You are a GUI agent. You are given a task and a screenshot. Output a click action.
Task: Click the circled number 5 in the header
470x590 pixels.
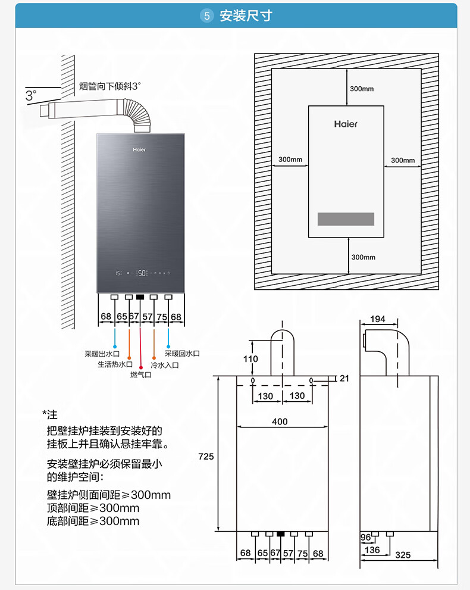tap(207, 16)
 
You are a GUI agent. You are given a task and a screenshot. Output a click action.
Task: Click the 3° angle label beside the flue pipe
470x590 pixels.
tap(31, 94)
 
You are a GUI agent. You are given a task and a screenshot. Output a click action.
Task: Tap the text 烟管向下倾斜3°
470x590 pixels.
tap(110, 86)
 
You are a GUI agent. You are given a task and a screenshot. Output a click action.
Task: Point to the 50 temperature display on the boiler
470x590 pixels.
tap(142, 273)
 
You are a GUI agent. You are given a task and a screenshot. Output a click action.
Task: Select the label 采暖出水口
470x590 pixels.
tap(102, 354)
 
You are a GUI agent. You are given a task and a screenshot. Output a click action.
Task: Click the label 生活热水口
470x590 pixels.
tap(115, 364)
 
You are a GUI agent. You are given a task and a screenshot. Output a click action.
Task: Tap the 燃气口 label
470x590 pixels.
tap(141, 375)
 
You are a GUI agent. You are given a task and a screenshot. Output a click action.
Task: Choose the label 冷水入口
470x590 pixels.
tap(165, 364)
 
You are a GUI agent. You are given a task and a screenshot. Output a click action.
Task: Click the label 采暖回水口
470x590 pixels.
tap(182, 354)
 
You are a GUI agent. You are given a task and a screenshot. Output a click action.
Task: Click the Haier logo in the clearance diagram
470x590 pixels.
tap(346, 124)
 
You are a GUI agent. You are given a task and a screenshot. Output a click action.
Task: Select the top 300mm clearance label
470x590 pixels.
tap(362, 89)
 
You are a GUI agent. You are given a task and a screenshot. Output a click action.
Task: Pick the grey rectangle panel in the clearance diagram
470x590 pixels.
tap(346, 218)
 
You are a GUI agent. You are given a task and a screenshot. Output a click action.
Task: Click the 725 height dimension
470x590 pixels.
tap(205, 457)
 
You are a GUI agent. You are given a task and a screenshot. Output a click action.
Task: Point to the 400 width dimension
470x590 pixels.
tap(280, 422)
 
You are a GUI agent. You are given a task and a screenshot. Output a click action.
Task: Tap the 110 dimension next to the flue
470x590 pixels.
tap(251, 359)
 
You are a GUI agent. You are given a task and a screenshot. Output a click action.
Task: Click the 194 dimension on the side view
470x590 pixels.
tap(378, 319)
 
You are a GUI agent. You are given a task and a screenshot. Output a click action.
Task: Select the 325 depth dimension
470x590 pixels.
tap(403, 555)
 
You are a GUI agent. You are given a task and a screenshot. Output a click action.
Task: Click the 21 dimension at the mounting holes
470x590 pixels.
tap(345, 379)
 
